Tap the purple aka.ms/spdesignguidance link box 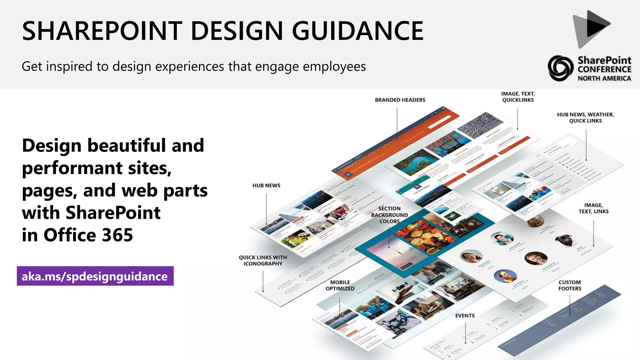95,276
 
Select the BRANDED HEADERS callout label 400,100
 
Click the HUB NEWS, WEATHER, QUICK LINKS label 585,118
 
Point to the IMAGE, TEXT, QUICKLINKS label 518,97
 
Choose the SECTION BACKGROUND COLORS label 389,215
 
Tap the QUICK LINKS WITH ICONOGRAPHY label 263,261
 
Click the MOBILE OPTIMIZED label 340,285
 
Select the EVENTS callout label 465,316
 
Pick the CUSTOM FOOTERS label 570,285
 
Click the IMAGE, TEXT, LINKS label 593,208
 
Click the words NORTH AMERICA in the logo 604,78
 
